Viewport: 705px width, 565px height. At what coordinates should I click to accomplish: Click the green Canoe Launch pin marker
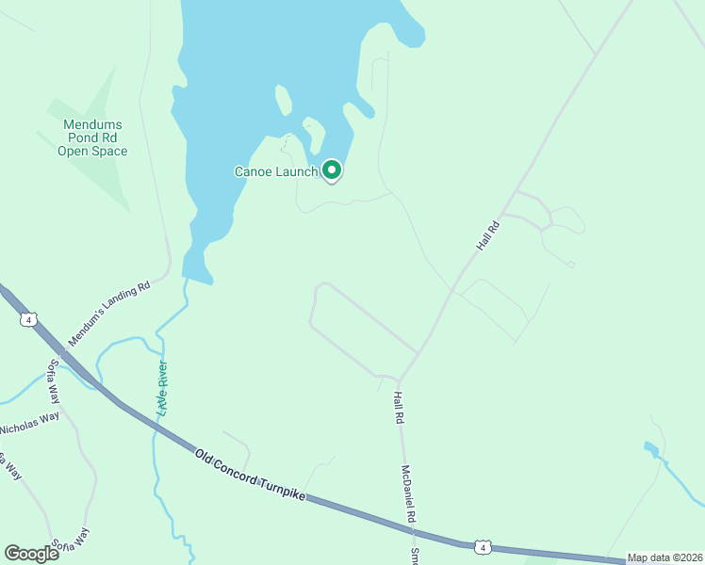pyautogui.click(x=331, y=170)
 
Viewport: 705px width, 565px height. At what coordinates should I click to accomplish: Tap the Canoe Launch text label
pyautogui.click(x=276, y=171)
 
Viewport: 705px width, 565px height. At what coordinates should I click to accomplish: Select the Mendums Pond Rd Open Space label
pyautogui.click(x=92, y=137)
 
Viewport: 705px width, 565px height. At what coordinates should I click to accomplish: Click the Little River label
pyautogui.click(x=162, y=388)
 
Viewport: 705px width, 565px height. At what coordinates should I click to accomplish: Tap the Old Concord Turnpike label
pyautogui.click(x=252, y=476)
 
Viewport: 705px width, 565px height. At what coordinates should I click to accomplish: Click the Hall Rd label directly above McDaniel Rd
pyautogui.click(x=398, y=408)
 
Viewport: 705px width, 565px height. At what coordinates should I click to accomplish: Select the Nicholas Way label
pyautogui.click(x=29, y=423)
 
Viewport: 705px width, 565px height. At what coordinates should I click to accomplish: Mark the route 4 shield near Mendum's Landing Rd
pyautogui.click(x=29, y=319)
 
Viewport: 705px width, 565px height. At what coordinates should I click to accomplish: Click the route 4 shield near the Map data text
pyautogui.click(x=483, y=547)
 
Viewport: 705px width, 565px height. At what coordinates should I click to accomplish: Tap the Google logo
pyautogui.click(x=31, y=553)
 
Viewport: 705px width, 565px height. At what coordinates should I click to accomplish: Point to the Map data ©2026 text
pyautogui.click(x=664, y=557)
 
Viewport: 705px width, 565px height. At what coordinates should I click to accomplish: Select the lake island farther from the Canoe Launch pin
pyautogui.click(x=281, y=99)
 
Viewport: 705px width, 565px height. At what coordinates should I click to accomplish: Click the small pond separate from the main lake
pyautogui.click(x=650, y=449)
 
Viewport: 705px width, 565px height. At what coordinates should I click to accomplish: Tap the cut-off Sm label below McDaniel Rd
pyautogui.click(x=414, y=556)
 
